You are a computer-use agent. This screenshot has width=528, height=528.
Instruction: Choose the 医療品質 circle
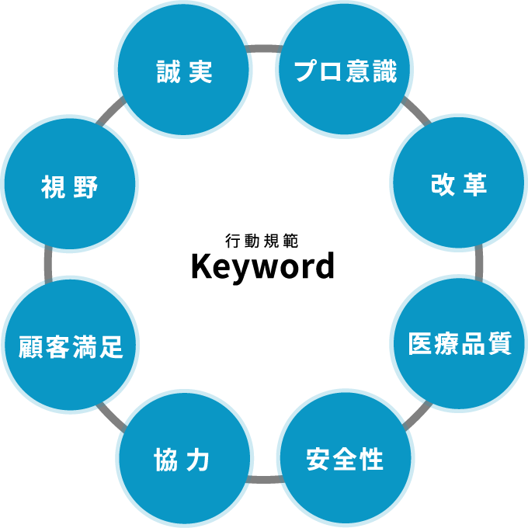[458, 344]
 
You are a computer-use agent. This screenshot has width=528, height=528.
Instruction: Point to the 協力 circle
[184, 458]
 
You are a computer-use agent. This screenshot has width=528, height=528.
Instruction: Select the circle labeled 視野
[70, 185]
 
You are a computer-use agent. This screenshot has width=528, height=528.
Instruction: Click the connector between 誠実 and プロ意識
[264, 49]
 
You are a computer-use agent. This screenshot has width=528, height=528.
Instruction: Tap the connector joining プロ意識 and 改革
[416, 112]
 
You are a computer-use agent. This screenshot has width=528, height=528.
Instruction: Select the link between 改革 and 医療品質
[478, 263]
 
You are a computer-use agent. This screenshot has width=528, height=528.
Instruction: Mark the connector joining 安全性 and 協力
[265, 479]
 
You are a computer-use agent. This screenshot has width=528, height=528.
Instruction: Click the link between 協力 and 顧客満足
[112, 417]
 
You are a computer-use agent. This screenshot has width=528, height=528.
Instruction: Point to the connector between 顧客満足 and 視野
[48, 264]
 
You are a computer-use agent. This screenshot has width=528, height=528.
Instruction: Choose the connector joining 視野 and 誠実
[111, 112]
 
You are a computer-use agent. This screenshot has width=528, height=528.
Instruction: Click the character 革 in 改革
[474, 184]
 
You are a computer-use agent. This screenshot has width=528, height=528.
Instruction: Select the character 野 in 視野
[85, 186]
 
